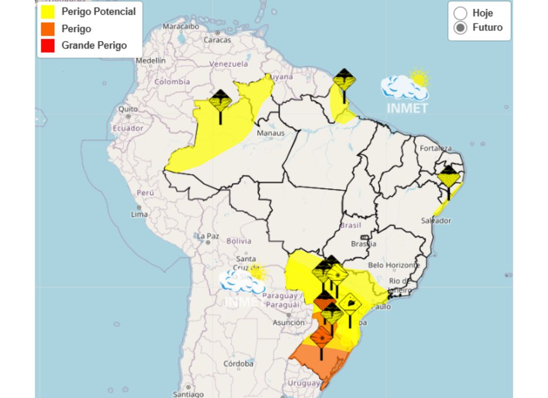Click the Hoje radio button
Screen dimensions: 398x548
(460, 13)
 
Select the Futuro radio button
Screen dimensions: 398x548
(460, 28)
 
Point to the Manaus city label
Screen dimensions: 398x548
(270, 133)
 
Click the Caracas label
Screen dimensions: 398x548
(217, 40)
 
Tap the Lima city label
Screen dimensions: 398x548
(139, 214)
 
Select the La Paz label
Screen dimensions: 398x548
(208, 236)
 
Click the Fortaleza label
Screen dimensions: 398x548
(436, 148)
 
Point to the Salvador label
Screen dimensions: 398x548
(436, 220)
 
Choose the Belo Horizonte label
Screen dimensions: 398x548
(394, 265)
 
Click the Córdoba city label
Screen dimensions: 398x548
(238, 364)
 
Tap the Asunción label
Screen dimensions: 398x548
(288, 323)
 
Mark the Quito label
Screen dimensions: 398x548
(128, 109)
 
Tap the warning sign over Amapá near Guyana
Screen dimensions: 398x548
(344, 81)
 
